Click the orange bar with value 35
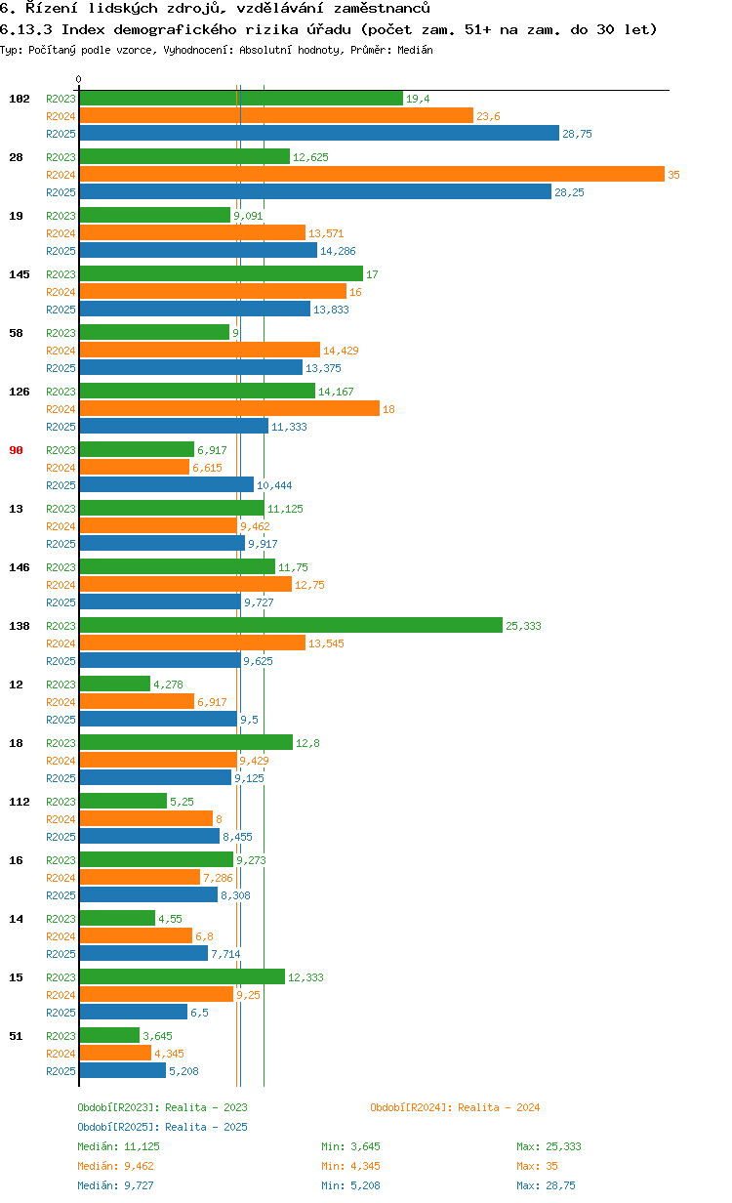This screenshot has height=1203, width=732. pos(371,174)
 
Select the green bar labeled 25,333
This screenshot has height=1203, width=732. pos(290,625)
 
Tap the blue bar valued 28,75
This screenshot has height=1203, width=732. pos(318,133)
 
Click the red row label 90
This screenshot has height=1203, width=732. pos(16,450)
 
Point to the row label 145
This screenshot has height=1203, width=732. pos(19,274)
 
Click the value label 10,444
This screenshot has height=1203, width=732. pos(274,485)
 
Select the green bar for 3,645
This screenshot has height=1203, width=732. pos(109,1035)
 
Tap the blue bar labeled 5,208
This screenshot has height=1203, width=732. pos(122,1070)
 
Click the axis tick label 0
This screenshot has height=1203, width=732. pos(79,79)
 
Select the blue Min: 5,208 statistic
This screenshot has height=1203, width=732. pos(348,1185)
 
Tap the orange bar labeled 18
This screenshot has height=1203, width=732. pos(228,408)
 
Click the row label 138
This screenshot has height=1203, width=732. pos(19,626)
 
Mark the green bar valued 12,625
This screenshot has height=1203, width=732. pos(184,156)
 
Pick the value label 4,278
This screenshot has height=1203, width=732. pos(168,684)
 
